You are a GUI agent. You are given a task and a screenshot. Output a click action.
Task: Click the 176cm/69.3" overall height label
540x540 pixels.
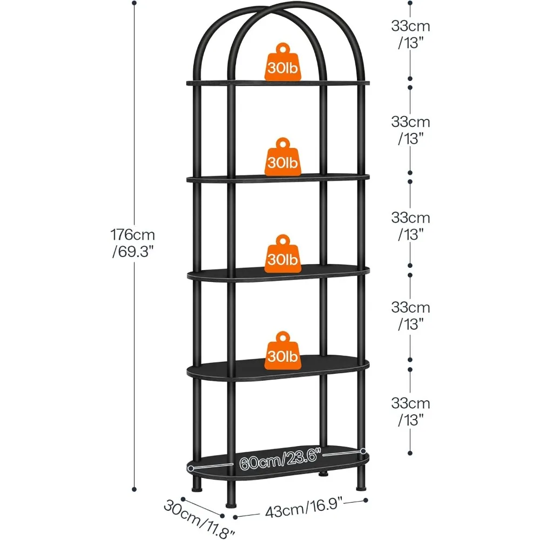coord(133,244)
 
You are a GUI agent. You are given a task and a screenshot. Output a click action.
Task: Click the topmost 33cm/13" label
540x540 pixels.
coord(410,34)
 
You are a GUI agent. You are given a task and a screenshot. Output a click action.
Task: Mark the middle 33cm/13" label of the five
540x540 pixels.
coord(410,225)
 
